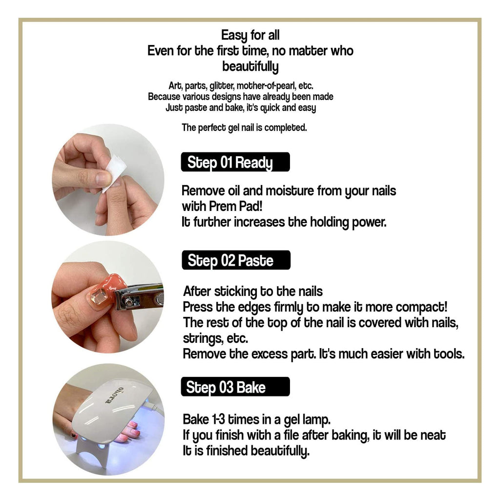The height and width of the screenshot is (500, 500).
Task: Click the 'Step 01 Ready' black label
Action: pos(235,162)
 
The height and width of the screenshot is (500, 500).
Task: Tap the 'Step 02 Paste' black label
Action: pos(236,260)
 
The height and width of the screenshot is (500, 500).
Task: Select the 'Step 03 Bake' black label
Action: pos(235,387)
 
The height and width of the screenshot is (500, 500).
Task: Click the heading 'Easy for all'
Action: pos(250,35)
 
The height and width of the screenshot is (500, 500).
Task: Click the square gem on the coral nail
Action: pos(99,297)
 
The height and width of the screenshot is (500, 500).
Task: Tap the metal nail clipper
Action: pos(139,297)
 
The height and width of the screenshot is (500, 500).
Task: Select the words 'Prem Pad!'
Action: pos(236,207)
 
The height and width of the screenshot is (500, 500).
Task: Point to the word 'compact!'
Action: pos(421,307)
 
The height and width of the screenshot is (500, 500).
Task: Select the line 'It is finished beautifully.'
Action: pos(246,451)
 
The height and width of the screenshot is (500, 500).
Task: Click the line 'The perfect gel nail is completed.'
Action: pos(244,128)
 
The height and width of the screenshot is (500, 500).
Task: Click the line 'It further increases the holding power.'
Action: pos(284,222)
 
